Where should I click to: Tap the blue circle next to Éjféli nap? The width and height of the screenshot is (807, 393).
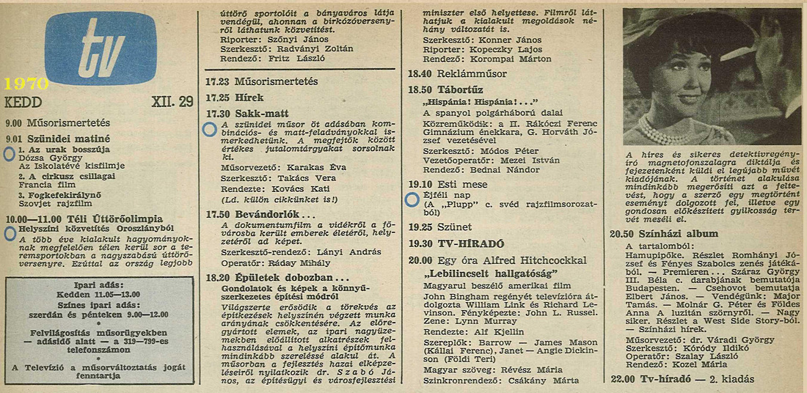[412, 198]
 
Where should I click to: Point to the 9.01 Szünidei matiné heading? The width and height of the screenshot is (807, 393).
[57, 138]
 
